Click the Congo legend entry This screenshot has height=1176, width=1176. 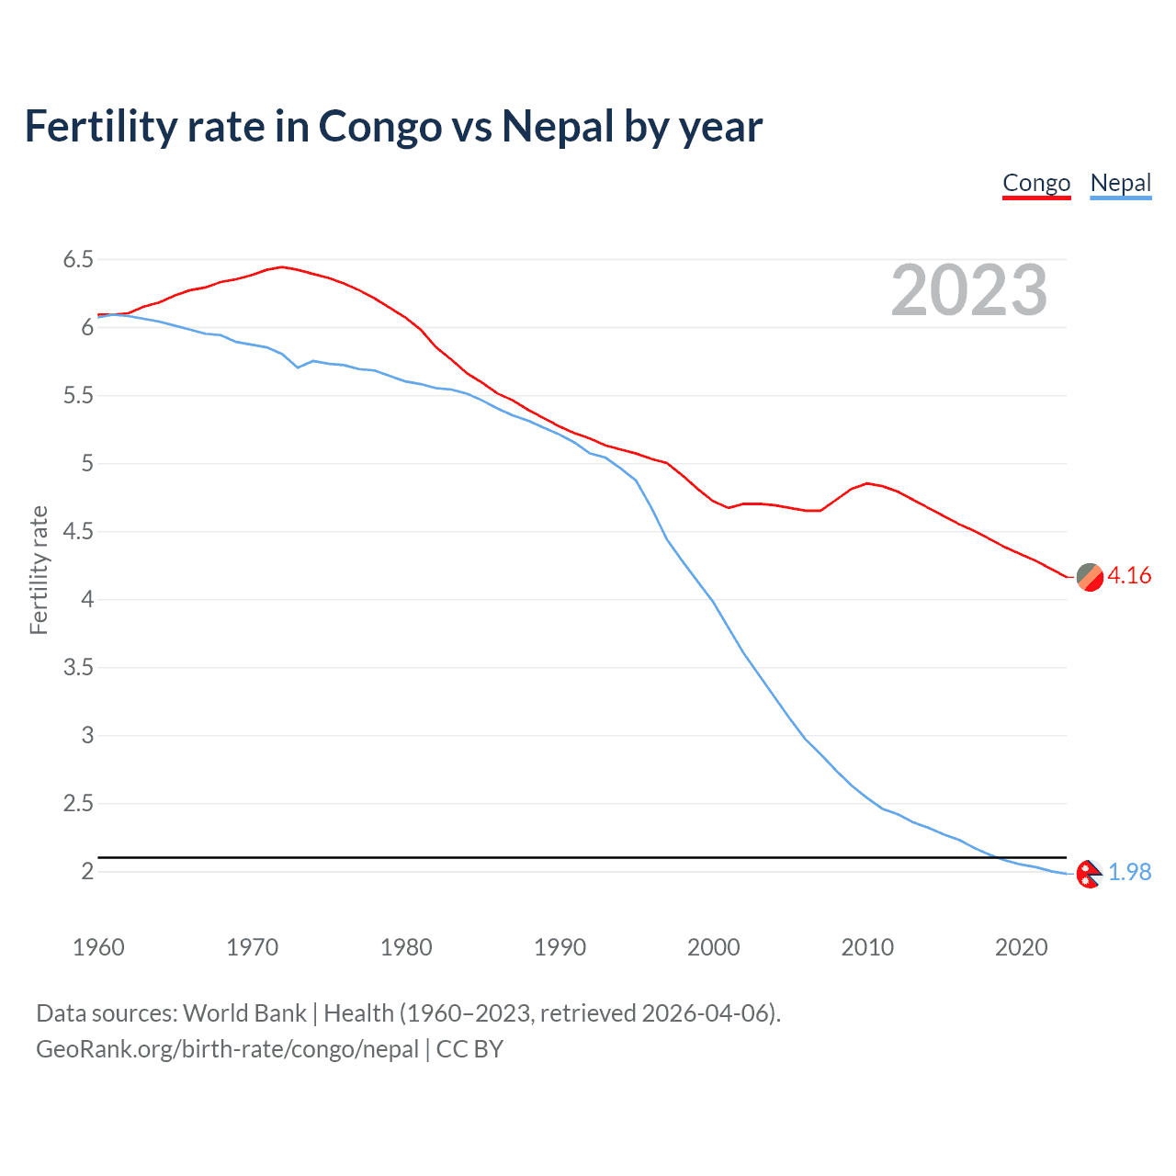[x=1036, y=183]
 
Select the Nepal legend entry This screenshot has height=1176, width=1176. [x=1120, y=183]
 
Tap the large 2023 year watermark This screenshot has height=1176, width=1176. [x=968, y=290]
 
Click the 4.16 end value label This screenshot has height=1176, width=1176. [x=1129, y=575]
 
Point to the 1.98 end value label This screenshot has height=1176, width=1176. [x=1129, y=872]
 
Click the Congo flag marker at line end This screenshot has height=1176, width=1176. [x=1090, y=577]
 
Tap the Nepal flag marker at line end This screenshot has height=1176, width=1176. [x=1089, y=874]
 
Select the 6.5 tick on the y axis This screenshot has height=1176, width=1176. [x=78, y=260]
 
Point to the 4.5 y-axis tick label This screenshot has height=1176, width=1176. [x=78, y=532]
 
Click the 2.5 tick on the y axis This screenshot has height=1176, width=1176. [x=78, y=804]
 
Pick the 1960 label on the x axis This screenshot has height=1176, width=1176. [x=98, y=947]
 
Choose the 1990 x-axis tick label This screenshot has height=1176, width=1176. [x=560, y=947]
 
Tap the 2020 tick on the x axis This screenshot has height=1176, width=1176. [x=1021, y=947]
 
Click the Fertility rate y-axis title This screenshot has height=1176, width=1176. [x=39, y=570]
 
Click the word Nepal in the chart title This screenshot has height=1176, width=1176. [x=558, y=126]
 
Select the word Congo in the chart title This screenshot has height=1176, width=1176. [x=379, y=126]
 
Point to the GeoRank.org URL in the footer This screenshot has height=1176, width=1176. [x=227, y=1049]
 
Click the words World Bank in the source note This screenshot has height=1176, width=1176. [x=244, y=1013]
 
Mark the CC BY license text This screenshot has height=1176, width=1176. [x=469, y=1049]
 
